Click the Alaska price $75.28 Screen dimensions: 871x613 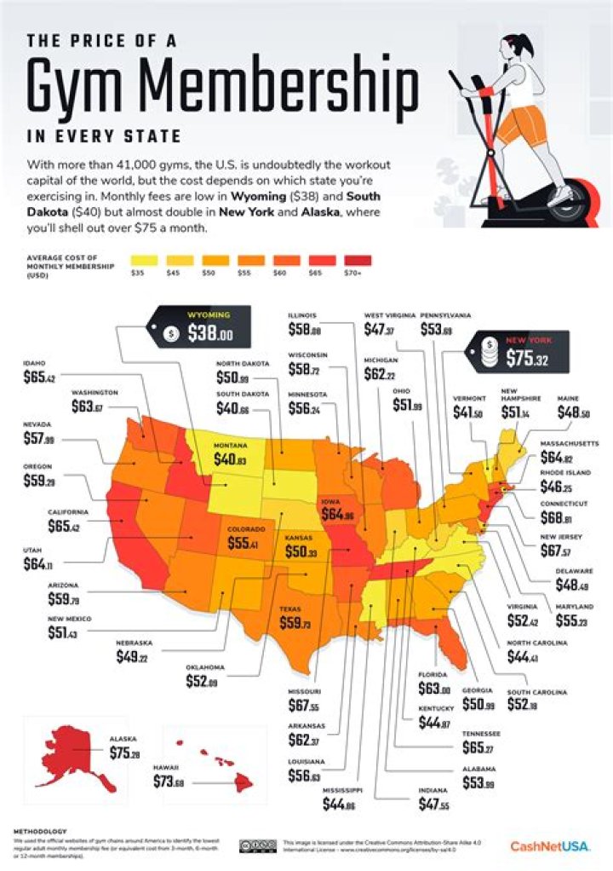coord(124,753)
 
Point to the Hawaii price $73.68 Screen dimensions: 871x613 coord(169,782)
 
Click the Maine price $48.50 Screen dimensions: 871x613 coord(571,412)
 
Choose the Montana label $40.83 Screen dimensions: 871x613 coord(229,459)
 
